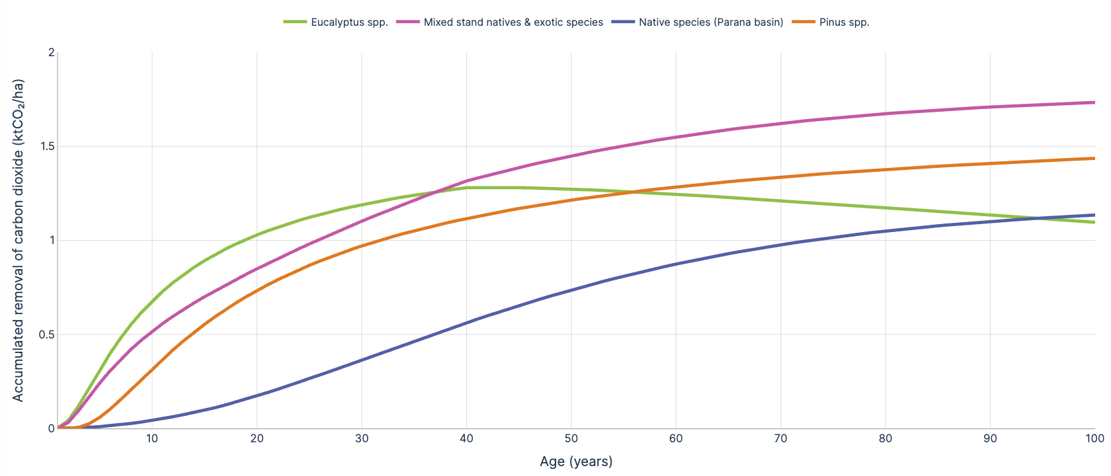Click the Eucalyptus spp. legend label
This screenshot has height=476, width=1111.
click(x=349, y=22)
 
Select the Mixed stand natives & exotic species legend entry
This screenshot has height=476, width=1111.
click(x=513, y=22)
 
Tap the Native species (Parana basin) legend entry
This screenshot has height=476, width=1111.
click(x=711, y=22)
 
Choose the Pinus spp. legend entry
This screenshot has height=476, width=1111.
click(x=844, y=22)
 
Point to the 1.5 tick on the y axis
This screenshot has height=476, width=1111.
click(x=47, y=146)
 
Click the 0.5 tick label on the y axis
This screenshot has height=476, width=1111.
click(x=47, y=335)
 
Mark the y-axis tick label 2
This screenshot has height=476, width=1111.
click(x=52, y=52)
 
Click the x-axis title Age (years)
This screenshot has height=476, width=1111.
click(x=576, y=461)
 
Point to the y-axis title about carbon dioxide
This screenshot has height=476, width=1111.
click(x=19, y=240)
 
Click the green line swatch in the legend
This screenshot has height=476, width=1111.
click(x=294, y=22)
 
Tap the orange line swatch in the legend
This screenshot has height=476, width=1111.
click(x=803, y=22)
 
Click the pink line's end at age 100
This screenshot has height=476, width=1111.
click(x=1094, y=102)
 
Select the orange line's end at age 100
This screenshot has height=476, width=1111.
click(x=1094, y=158)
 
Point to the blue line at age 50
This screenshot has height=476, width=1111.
click(x=571, y=290)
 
